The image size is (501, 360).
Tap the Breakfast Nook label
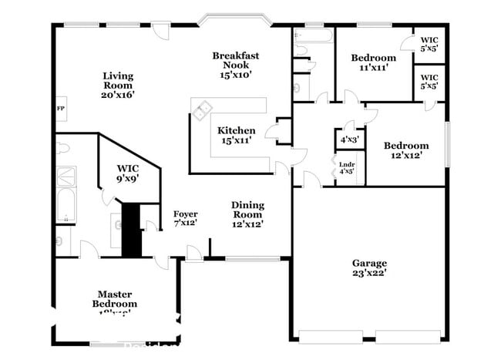coord(235,65)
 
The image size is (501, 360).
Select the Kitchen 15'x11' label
coord(236,136)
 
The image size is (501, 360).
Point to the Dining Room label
coord(247,214)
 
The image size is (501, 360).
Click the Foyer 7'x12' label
coord(185,218)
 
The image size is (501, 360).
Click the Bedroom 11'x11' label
coord(373,62)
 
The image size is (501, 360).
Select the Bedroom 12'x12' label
coord(406,150)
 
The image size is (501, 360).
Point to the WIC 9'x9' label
coord(127,173)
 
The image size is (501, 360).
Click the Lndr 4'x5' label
coord(347,167)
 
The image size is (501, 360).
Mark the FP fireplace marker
coord(60,109)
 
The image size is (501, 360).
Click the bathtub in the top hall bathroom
coord(312,35)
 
